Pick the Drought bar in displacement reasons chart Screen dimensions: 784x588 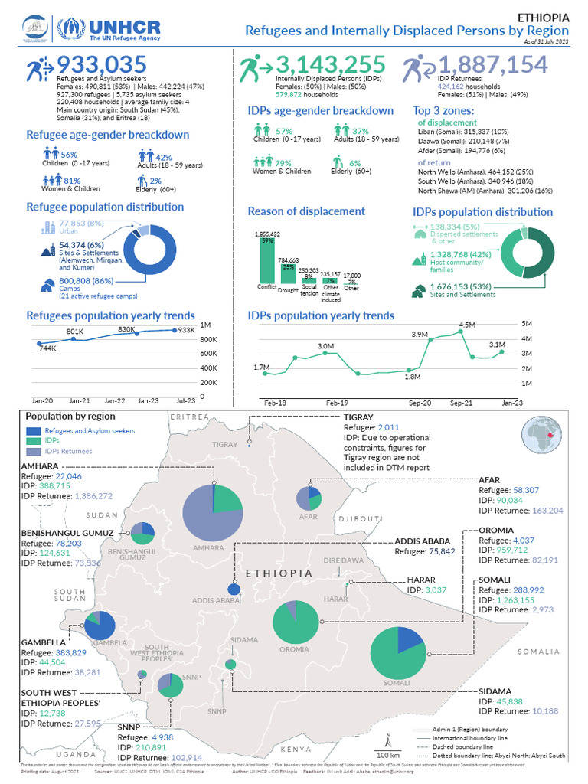[x=288, y=273]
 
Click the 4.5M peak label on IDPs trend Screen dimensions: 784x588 [x=467, y=325]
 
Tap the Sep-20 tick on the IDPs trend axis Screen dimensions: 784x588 [x=420, y=402]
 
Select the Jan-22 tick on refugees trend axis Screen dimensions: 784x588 [x=115, y=400]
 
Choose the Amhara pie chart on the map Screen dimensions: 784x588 [x=212, y=514]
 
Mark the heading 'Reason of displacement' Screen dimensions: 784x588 [x=306, y=211]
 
